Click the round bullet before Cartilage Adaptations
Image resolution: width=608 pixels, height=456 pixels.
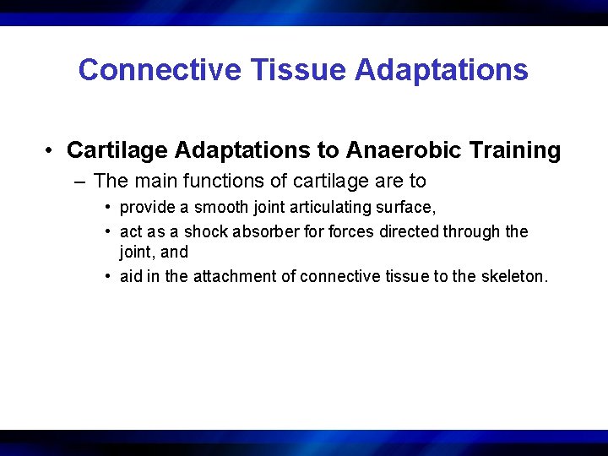click(52, 151)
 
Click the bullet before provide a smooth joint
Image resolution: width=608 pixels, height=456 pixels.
click(109, 208)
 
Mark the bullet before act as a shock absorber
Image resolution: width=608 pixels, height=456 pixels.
click(109, 231)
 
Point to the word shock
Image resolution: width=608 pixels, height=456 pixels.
click(205, 231)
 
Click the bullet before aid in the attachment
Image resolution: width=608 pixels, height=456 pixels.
click(109, 275)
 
